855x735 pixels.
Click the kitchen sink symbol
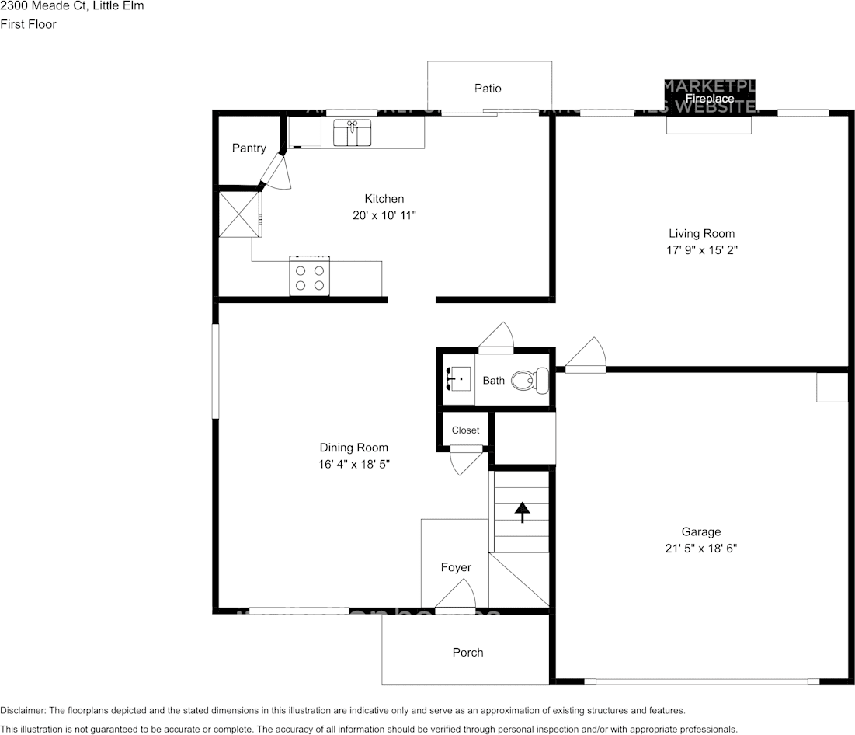352,133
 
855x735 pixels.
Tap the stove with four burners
309,276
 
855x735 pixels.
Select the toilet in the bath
531,380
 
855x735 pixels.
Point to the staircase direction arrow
522,512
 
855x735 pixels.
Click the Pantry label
249,148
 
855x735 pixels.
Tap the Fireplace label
709,99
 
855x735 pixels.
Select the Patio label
488,89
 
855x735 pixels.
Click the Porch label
467,652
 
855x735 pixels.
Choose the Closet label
465,430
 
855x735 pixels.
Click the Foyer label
456,567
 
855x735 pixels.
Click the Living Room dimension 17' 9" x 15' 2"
701,250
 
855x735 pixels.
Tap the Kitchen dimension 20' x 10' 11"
384,215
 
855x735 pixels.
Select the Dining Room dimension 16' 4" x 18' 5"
353,465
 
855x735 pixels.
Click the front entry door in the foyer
455,598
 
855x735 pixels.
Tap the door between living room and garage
586,356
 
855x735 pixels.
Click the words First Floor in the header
28,24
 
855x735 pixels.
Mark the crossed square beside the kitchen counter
239,214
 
